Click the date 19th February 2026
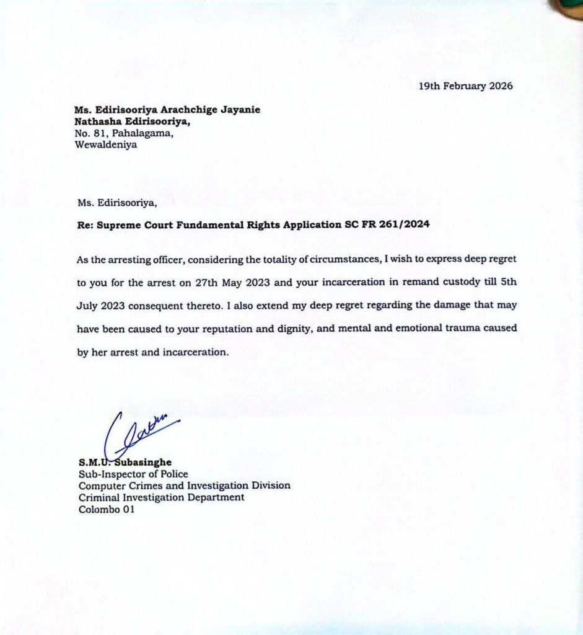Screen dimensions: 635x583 click(466, 86)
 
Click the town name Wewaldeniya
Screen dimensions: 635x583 click(105, 146)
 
